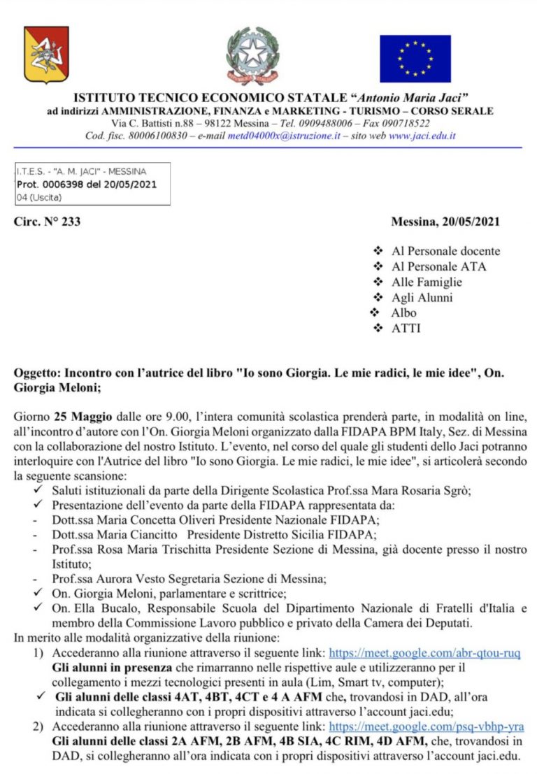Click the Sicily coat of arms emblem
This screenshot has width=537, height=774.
(x=46, y=54)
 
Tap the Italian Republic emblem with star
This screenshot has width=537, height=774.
(x=252, y=55)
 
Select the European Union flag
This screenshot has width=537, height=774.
(x=415, y=59)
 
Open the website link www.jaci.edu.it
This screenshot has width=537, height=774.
(x=422, y=136)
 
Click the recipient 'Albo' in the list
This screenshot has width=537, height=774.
(x=403, y=313)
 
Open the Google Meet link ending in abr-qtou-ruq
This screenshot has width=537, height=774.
(x=424, y=653)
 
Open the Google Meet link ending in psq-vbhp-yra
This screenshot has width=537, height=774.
(x=426, y=727)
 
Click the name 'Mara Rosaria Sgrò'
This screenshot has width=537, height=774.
(x=428, y=491)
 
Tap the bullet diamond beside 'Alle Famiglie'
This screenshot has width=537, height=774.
(x=378, y=282)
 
